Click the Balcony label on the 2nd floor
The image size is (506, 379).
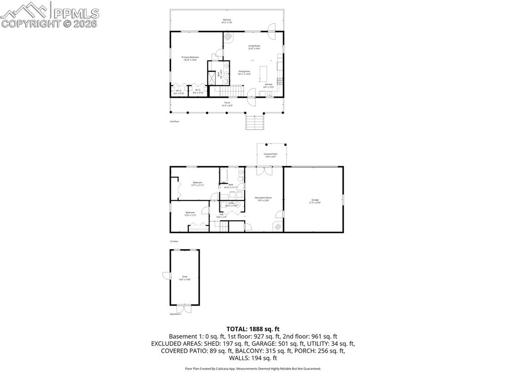click(x=227, y=21)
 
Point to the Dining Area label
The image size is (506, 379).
click(x=244, y=72)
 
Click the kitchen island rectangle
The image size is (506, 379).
click(x=263, y=74)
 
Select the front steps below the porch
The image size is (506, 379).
click(x=254, y=122)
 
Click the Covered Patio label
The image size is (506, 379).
click(x=270, y=155)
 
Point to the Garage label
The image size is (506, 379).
click(x=315, y=201)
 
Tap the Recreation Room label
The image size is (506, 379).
click(x=263, y=199)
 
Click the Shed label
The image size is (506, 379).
click(x=184, y=277)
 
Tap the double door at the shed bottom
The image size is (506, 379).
click(x=183, y=307)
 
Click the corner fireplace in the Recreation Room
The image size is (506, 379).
click(x=278, y=226)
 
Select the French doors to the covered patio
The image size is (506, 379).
click(x=264, y=170)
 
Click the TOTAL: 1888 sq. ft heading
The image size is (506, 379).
click(x=253, y=329)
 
